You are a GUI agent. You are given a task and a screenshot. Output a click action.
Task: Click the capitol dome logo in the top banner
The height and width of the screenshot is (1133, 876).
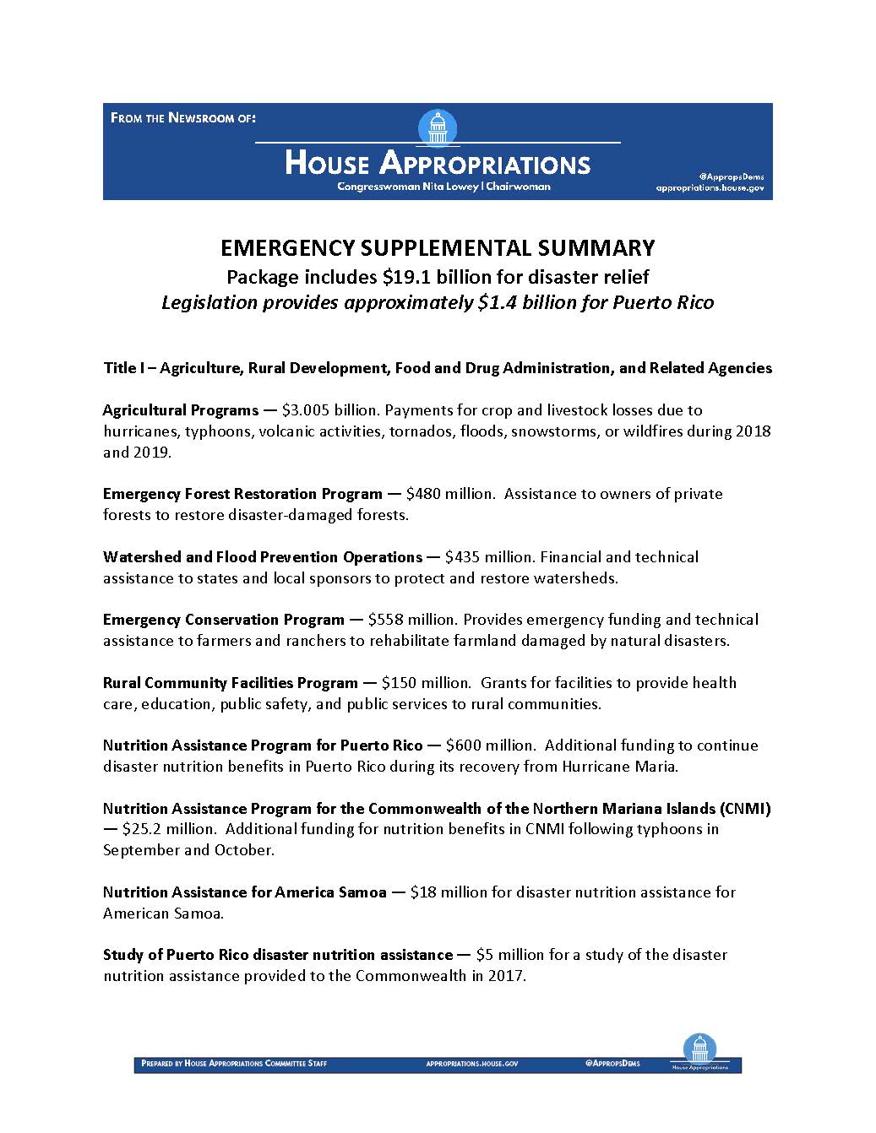coord(438,128)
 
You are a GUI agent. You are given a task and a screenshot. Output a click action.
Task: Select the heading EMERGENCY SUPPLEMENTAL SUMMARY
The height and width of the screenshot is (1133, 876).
coord(438,247)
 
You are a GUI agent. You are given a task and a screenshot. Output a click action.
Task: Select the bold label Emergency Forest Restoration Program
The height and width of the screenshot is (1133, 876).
coord(242,494)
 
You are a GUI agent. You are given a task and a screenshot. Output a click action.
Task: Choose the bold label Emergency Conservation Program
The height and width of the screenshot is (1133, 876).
coord(224,620)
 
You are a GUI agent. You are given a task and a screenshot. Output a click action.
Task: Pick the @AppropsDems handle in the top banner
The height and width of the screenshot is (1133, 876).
coord(731,176)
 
